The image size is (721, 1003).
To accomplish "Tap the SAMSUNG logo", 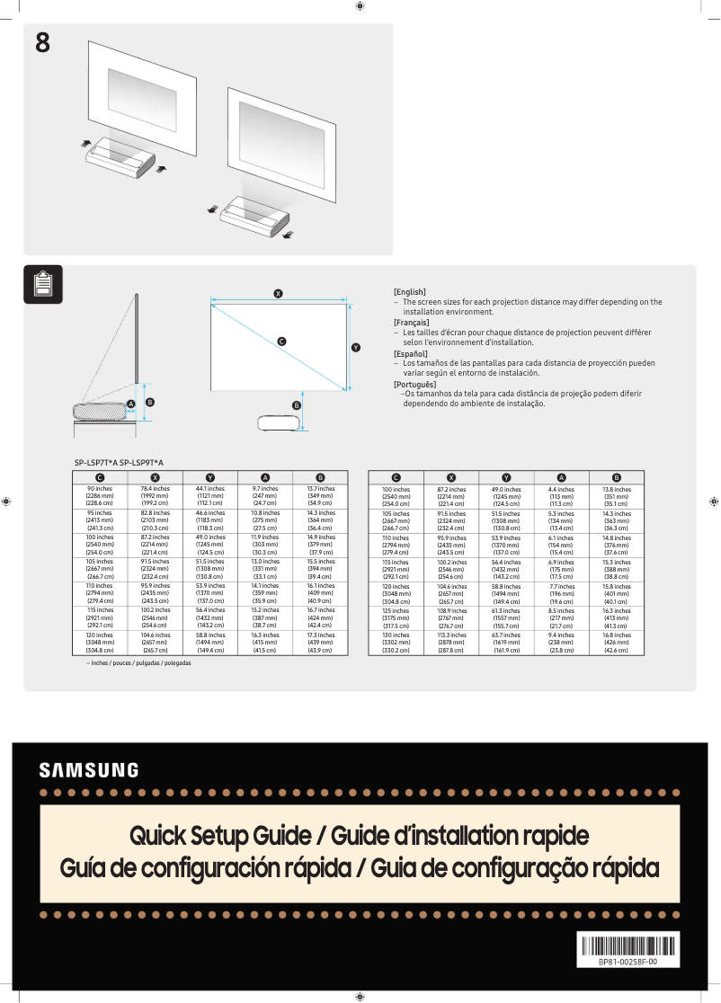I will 89,770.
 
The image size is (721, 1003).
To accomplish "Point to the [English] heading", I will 410,292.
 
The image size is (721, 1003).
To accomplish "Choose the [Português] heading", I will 414,385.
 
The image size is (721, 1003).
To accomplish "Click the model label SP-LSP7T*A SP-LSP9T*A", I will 119,462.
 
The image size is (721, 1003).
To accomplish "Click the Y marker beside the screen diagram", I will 356,348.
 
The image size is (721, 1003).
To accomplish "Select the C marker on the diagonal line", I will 281,342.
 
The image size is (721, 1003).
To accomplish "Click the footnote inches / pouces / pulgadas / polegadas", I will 132,662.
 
